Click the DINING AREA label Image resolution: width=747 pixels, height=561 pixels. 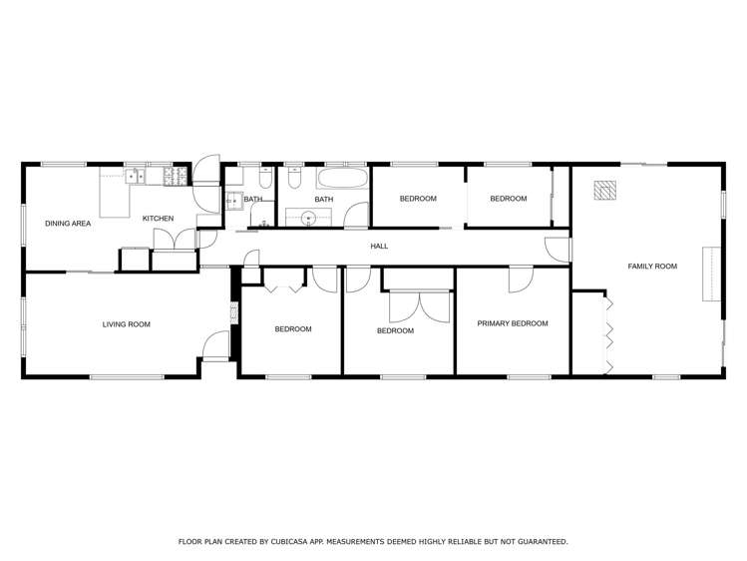pos(68,224)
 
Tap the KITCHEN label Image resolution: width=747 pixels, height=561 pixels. pos(158,219)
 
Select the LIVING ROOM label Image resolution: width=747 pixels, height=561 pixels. pos(127,323)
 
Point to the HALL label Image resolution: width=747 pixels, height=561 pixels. pos(379,246)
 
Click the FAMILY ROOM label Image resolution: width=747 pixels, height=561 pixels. pos(652,267)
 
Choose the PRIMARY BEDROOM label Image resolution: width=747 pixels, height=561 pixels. pos(513,323)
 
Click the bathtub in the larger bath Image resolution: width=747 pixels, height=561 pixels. pos(342,181)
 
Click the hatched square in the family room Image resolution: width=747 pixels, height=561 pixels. pos(604,190)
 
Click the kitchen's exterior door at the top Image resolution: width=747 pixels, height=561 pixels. pos(206,170)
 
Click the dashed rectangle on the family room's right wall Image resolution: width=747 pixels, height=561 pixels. pos(711,274)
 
